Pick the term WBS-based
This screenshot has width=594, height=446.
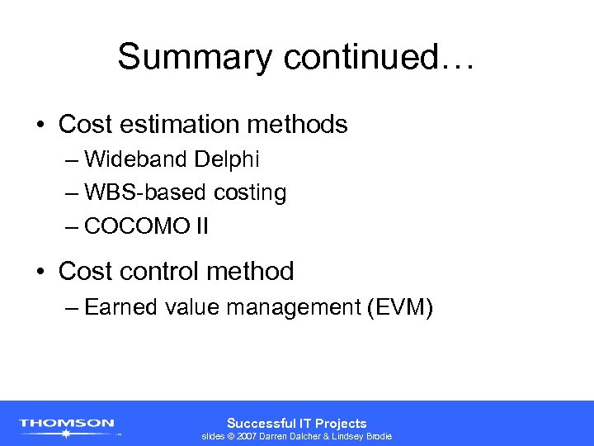(x=146, y=192)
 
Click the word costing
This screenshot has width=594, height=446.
(x=250, y=193)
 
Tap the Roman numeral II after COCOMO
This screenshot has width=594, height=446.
(x=201, y=226)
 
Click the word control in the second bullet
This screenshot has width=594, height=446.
(x=158, y=271)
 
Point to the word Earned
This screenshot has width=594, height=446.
(x=120, y=307)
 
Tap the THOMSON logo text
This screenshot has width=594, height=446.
(x=67, y=423)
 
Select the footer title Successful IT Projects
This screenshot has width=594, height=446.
(x=297, y=422)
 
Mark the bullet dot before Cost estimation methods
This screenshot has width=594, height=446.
(x=40, y=126)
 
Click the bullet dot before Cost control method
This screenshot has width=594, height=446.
(x=40, y=271)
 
